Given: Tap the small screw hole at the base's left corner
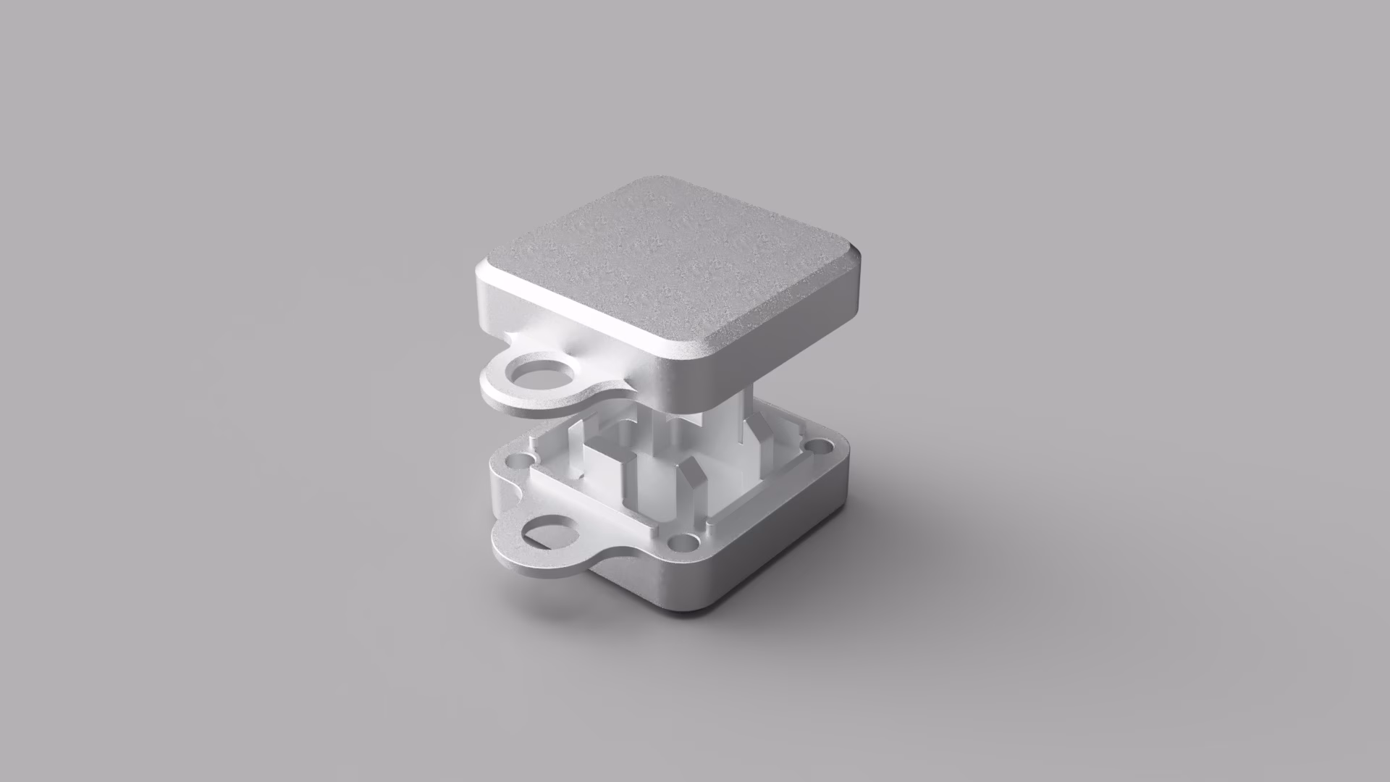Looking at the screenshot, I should [520, 460].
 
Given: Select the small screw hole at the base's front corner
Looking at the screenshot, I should [678, 542].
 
